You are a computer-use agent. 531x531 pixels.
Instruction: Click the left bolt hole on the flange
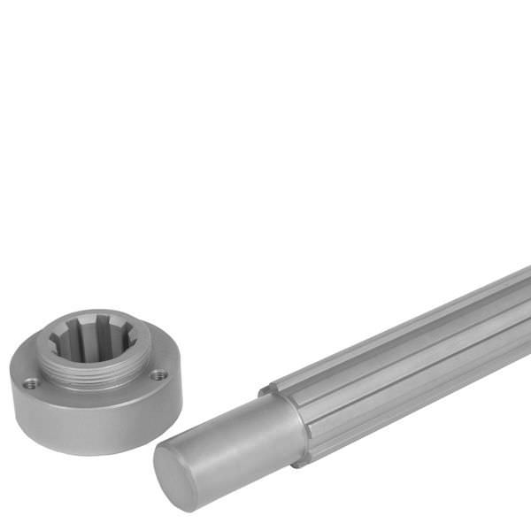[x=32, y=383]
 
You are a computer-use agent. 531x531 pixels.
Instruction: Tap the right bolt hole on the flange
[x=158, y=375]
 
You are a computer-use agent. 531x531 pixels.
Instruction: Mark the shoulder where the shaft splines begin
[x=283, y=416]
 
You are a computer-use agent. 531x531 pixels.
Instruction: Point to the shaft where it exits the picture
[x=522, y=310]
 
